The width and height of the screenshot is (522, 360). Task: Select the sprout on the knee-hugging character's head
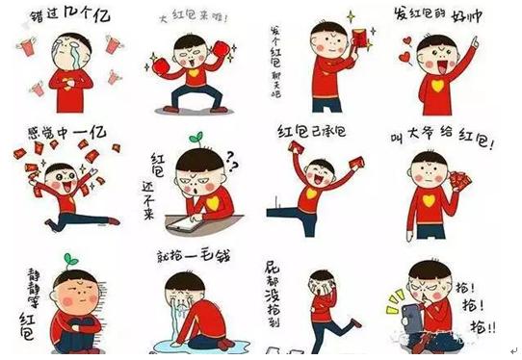68,259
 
